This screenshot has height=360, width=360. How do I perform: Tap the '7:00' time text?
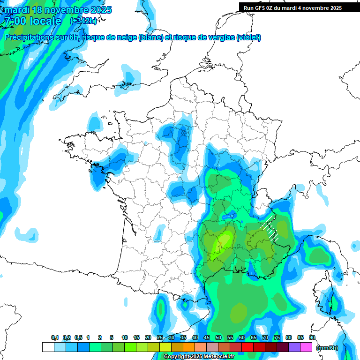click(x=14, y=21)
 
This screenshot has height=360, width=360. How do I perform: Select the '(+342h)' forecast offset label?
click(x=83, y=21)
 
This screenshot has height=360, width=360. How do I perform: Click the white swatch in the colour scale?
click(x=48, y=347)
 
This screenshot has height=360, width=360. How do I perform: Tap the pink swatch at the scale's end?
click(x=306, y=347)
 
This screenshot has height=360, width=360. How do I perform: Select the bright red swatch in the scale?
click(x=247, y=347)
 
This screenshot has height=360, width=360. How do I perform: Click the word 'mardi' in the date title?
click(x=15, y=10)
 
